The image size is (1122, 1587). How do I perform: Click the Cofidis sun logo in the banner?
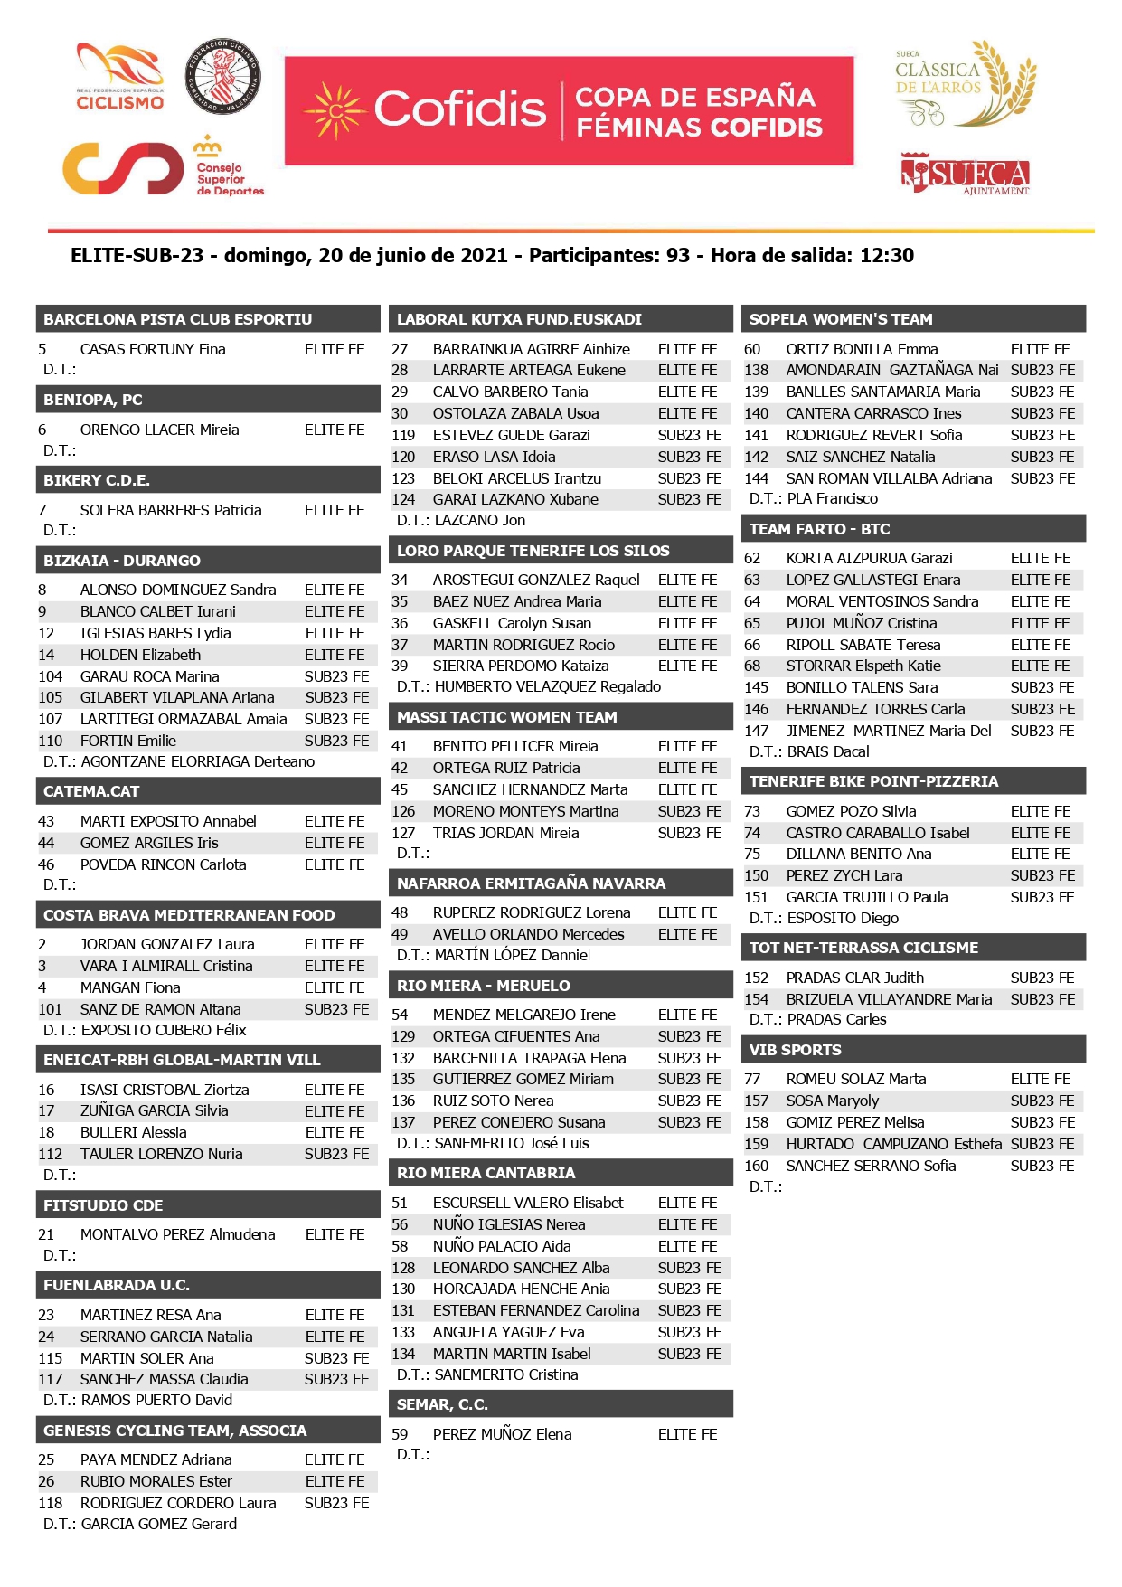point(335,111)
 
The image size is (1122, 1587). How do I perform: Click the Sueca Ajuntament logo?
point(966,174)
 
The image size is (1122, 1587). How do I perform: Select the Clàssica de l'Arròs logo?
point(965,84)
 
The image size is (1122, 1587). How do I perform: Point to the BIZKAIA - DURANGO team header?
point(122,561)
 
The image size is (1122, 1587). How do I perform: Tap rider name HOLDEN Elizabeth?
point(140,655)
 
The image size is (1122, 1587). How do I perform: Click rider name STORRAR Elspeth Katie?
point(863,666)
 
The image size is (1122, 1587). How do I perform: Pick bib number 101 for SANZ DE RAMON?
point(51,1009)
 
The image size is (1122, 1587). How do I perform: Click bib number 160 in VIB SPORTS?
point(756,1166)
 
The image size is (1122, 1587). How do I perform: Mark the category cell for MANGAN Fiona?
point(335,987)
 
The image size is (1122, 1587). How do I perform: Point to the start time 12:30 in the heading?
point(886,256)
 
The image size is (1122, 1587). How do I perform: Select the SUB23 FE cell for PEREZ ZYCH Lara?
point(1042,875)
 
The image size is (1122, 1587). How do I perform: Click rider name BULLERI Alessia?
point(133,1132)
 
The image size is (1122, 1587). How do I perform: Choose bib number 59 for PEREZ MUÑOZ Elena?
point(400,1434)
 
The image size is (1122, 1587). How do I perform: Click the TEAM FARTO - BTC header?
point(819,529)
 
